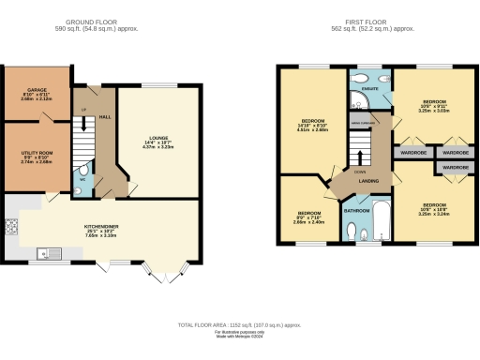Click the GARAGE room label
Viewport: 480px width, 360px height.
[36, 91]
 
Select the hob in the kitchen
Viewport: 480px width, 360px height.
[12, 226]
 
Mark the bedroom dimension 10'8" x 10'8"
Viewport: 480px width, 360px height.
[434, 209]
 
